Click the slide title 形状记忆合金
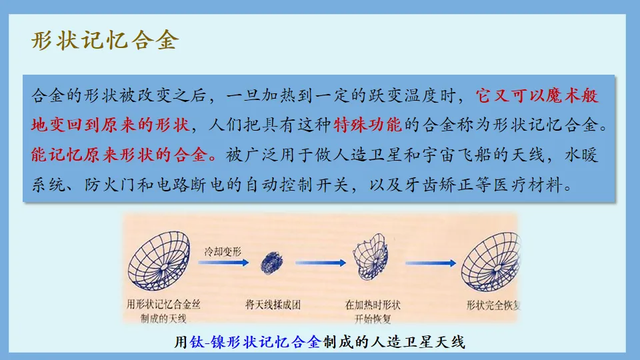point(105,41)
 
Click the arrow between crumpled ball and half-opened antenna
point(318,263)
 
